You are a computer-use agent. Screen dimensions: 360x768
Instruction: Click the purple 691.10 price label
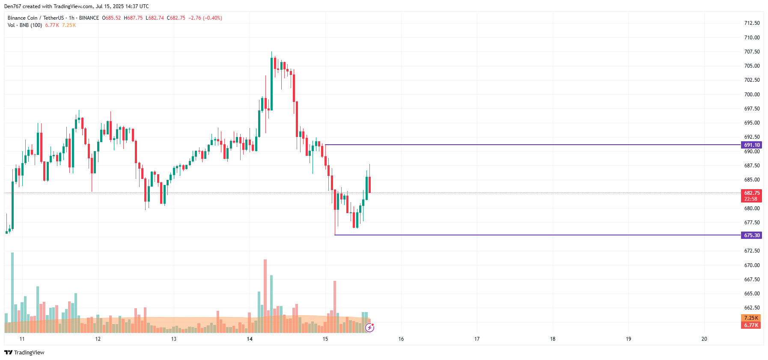(x=751, y=145)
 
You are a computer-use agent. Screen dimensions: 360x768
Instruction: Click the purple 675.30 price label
(x=751, y=235)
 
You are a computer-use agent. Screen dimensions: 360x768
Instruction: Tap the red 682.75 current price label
(x=751, y=193)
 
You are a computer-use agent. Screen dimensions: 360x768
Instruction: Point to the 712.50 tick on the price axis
(x=752, y=23)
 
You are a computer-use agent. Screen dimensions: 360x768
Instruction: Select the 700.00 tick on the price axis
(x=752, y=94)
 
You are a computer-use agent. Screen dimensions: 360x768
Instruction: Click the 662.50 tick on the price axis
(x=752, y=308)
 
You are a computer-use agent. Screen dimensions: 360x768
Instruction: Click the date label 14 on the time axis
(x=250, y=339)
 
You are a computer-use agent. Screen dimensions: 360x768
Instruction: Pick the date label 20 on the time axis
(x=704, y=339)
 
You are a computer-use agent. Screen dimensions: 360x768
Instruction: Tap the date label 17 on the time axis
(x=477, y=339)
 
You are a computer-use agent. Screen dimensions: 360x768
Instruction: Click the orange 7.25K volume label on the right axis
(x=751, y=318)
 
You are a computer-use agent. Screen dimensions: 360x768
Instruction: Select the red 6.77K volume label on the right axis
(x=751, y=325)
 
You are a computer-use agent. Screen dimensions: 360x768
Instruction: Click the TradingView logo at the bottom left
(x=24, y=352)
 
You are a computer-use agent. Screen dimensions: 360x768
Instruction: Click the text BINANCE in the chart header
(x=89, y=18)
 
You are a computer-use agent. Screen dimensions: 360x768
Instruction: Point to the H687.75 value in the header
(x=134, y=18)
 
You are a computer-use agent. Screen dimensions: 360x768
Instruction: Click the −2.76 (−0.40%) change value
(x=205, y=18)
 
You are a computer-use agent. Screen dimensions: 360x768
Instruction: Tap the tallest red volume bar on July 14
(x=265, y=295)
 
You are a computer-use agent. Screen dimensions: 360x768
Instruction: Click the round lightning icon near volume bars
(x=369, y=328)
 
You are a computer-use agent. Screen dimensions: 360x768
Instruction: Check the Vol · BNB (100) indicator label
(x=25, y=25)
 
